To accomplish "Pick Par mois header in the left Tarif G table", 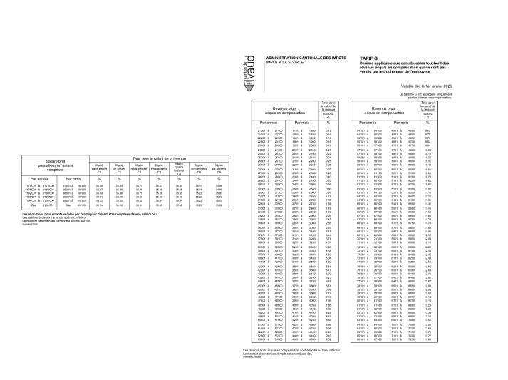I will pos(292,123).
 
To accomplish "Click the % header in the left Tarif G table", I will pos(328,123).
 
